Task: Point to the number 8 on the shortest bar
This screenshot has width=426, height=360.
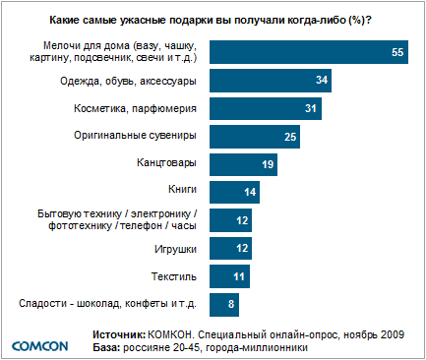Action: (231, 305)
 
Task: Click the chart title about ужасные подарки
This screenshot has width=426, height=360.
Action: (212, 18)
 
